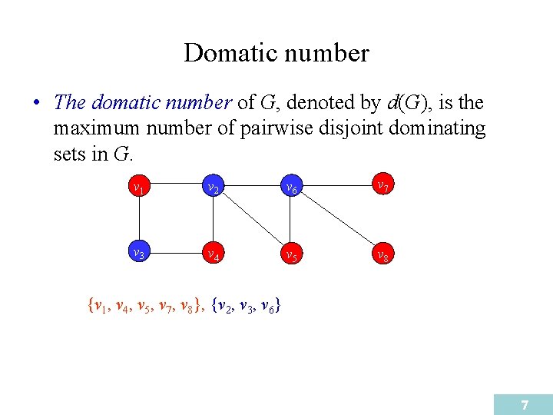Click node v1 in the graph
tap(138, 188)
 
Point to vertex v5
tap(290, 254)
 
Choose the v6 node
tap(290, 188)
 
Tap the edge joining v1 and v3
tap(138, 221)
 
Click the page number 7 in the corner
tap(525, 404)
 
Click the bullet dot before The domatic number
tap(36, 103)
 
